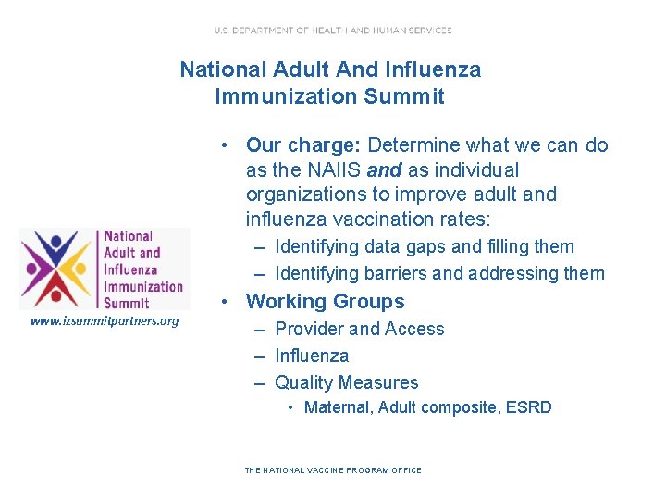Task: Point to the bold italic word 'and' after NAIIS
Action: pyautogui.click(x=384, y=170)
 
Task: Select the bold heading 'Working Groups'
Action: pyautogui.click(x=325, y=301)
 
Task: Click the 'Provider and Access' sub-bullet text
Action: pyautogui.click(x=359, y=329)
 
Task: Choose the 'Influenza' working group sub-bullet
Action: pyautogui.click(x=312, y=356)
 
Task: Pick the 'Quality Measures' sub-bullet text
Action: pyautogui.click(x=346, y=382)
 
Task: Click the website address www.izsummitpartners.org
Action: pyautogui.click(x=105, y=321)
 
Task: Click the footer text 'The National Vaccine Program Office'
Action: pyautogui.click(x=333, y=470)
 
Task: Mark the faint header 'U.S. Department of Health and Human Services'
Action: pyautogui.click(x=333, y=31)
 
